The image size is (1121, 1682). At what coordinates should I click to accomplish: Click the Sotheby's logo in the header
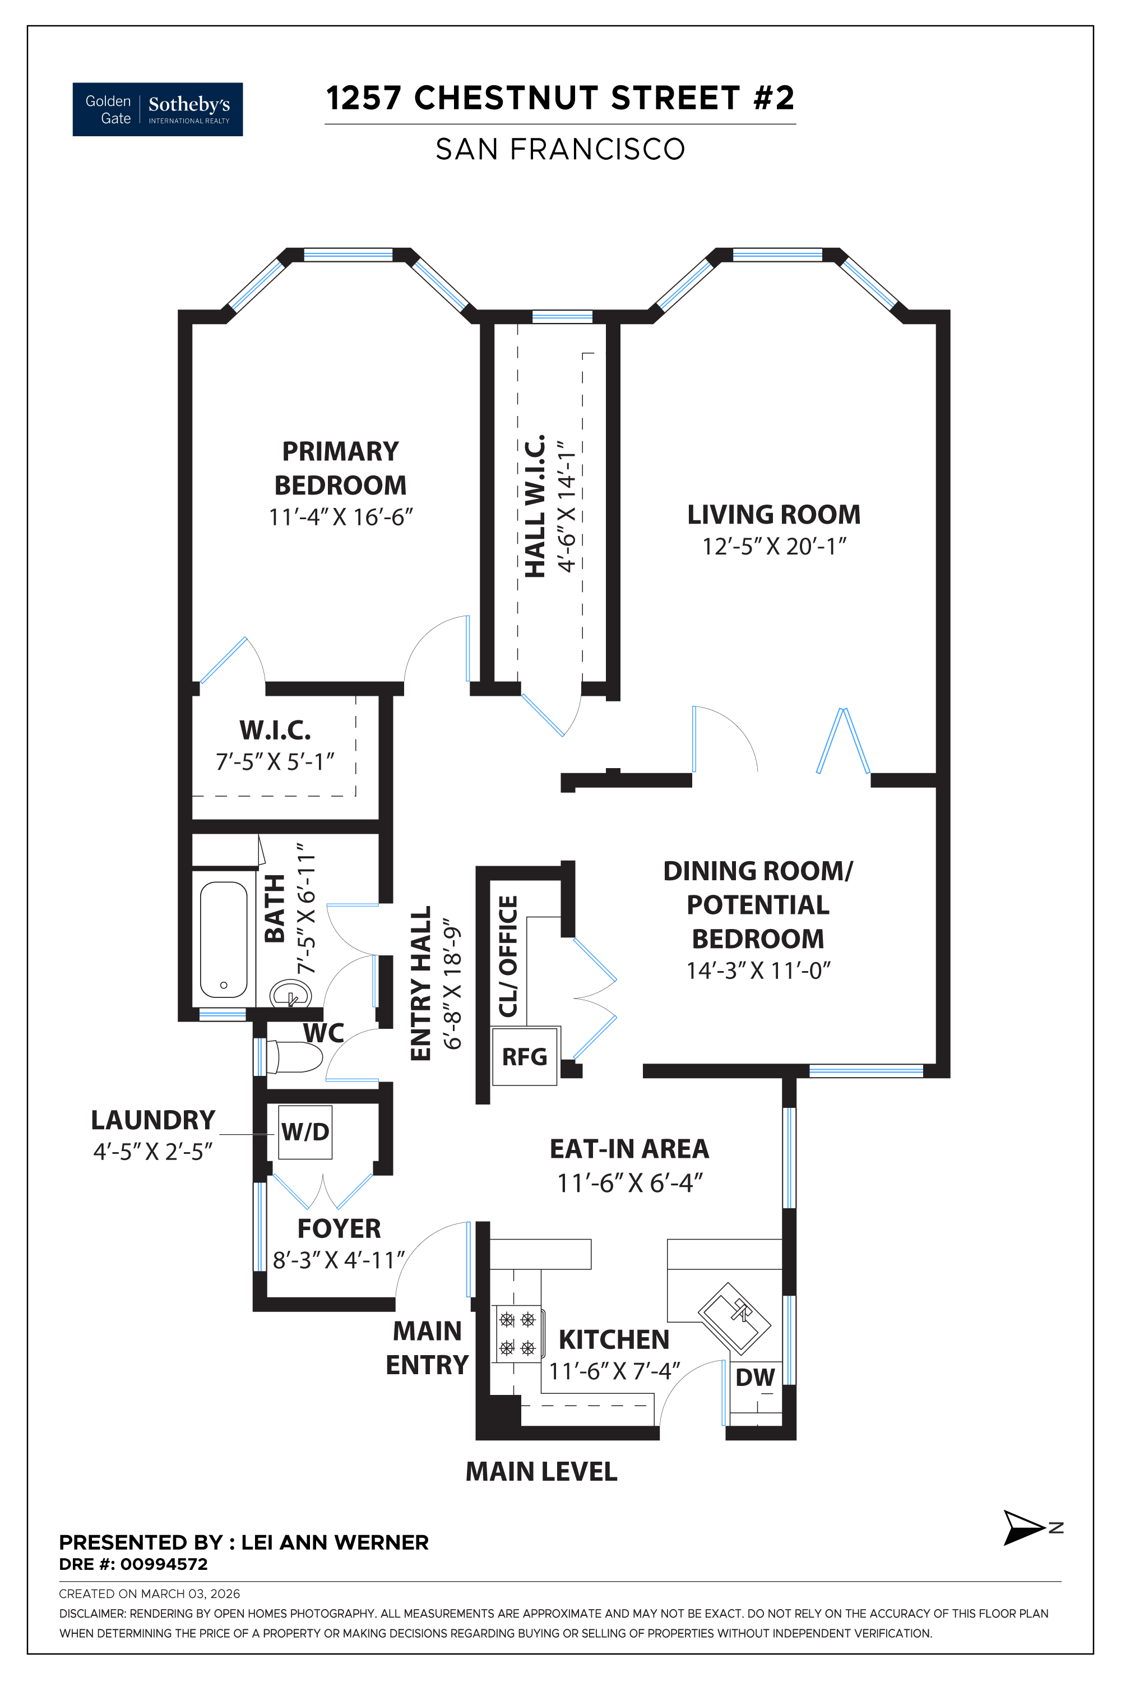(158, 109)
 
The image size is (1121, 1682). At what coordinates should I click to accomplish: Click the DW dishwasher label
(755, 1376)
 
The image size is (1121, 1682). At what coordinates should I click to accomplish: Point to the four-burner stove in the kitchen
(517, 1334)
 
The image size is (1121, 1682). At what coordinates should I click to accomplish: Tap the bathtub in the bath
(224, 939)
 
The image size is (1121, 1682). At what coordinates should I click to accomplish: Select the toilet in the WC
(295, 1056)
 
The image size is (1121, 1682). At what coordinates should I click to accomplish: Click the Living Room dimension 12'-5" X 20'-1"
(774, 546)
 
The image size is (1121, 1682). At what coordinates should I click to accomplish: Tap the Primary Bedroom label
(340, 468)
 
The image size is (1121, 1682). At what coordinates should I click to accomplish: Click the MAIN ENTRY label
(428, 1347)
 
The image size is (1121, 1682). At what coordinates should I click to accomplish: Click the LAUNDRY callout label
(153, 1119)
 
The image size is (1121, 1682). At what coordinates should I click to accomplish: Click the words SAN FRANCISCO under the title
(560, 150)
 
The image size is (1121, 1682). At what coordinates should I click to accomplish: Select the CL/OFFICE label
(508, 956)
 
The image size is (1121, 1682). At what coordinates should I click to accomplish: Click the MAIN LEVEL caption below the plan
(541, 1471)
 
